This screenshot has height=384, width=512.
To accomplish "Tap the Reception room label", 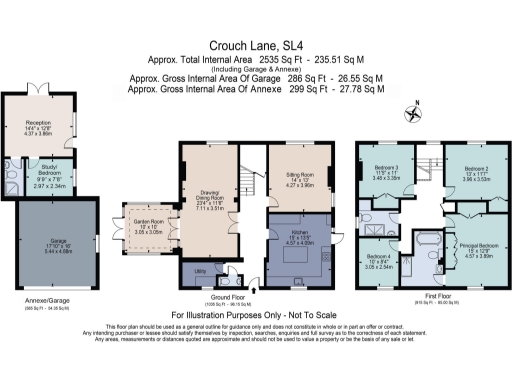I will tap(38, 126).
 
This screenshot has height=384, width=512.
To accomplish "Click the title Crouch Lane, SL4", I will tap(254, 45).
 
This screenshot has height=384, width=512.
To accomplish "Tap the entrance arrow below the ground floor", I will tap(256, 291).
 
